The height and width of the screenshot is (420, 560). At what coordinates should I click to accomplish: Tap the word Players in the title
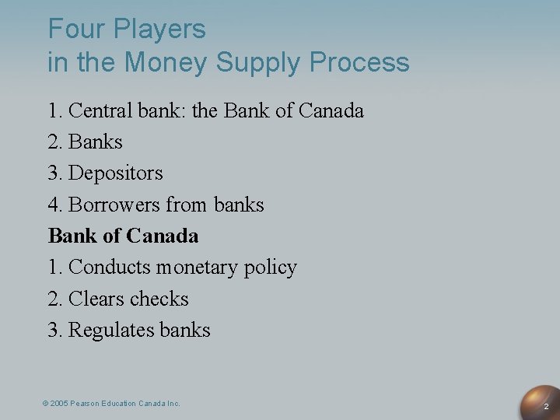(159, 30)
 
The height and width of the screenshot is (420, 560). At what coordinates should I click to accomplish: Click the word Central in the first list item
(100, 111)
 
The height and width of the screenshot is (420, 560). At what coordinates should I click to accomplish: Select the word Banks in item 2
(96, 142)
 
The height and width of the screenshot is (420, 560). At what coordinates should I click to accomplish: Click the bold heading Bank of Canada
(123, 236)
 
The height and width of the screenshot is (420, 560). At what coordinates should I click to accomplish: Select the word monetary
(200, 268)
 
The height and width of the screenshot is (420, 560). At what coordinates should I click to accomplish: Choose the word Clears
(97, 299)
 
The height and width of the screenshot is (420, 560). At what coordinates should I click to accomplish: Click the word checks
(159, 299)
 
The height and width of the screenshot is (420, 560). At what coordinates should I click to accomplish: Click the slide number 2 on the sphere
(545, 407)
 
